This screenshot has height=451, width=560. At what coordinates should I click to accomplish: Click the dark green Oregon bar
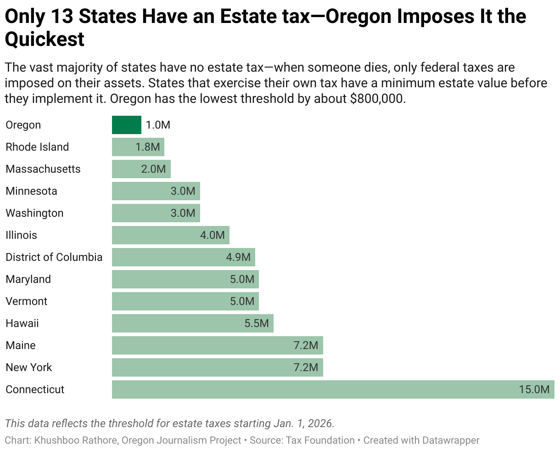click(127, 125)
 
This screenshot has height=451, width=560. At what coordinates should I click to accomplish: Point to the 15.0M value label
click(534, 389)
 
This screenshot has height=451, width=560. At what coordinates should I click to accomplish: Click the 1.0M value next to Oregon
click(158, 125)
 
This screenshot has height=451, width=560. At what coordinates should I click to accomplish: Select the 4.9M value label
click(238, 257)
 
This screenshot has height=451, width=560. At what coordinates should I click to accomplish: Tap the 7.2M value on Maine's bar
click(306, 345)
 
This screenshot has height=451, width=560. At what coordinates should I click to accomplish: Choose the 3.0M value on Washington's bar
click(183, 213)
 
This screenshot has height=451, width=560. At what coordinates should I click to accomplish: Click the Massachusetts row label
click(43, 169)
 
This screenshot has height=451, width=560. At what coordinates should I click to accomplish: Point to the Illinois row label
click(21, 235)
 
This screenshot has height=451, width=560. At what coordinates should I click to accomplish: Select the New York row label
click(29, 367)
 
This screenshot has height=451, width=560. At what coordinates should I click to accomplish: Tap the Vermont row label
click(27, 301)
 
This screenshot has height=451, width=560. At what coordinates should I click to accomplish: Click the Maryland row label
click(28, 279)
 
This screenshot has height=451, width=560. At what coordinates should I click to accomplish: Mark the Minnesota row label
click(32, 191)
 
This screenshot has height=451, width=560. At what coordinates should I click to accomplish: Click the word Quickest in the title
click(45, 39)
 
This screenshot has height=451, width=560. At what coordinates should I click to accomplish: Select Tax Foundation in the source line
click(320, 440)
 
